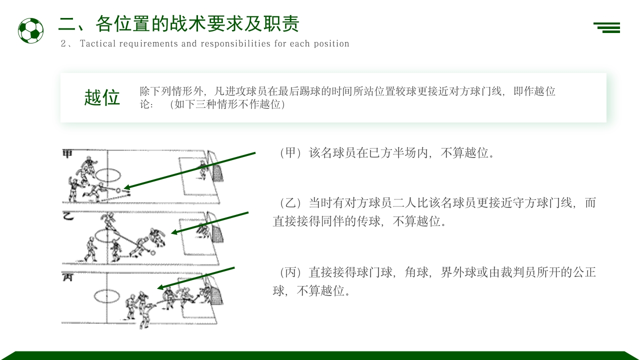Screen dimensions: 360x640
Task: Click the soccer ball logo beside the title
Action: (30, 30)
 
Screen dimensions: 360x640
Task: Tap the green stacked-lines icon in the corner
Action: (607, 27)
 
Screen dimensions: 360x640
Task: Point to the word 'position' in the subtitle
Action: (331, 43)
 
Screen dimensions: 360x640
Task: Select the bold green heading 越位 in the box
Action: (102, 97)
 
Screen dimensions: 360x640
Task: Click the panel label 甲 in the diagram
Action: (67, 153)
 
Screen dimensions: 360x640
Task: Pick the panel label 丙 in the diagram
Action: (67, 276)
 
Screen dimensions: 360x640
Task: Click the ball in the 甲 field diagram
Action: (118, 190)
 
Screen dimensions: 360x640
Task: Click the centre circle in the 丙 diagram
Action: (107, 296)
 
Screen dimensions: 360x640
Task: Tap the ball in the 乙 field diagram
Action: (153, 252)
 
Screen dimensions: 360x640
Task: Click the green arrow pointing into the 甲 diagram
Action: (190, 170)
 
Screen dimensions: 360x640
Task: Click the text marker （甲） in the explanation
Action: (290, 153)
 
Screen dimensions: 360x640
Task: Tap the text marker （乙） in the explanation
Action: (290, 203)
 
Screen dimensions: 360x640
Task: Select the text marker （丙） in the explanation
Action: (290, 272)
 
